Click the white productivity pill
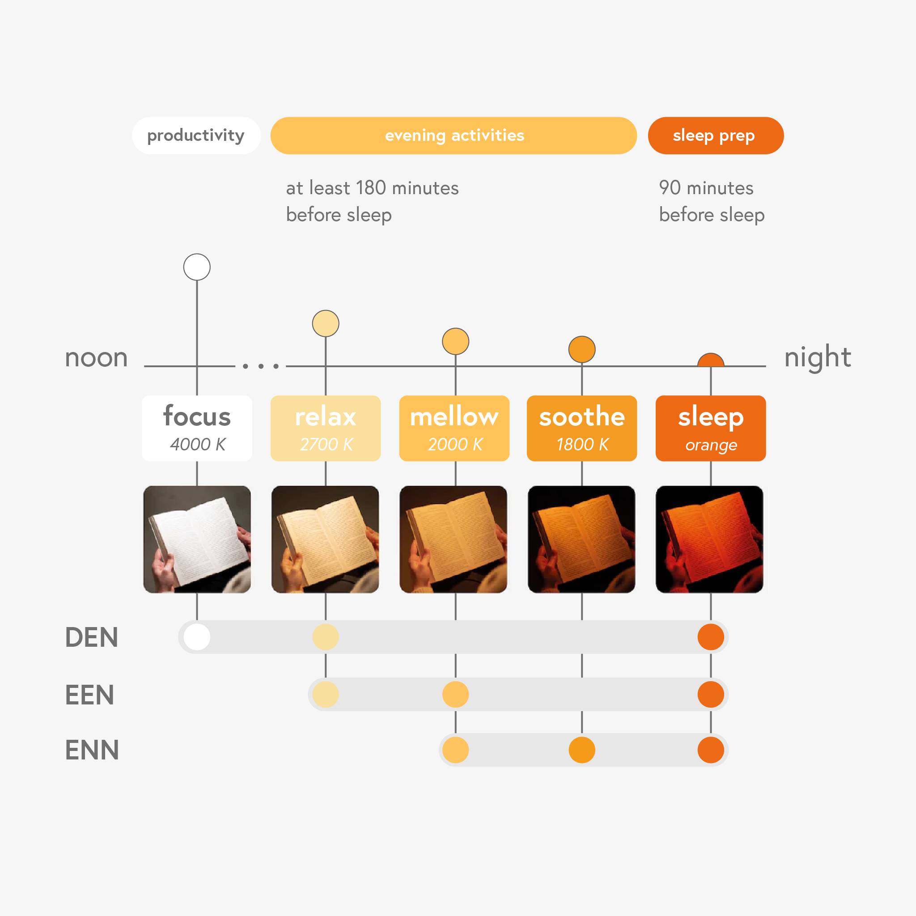coord(196,136)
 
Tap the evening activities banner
coord(454,136)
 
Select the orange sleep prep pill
coord(716,136)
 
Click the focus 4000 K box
coord(197,428)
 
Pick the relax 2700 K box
coord(326,428)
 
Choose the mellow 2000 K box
coord(454,428)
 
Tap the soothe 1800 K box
coord(582,428)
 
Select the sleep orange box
coord(711,428)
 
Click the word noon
coord(96,358)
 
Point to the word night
coord(818,358)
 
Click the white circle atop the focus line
coord(197,267)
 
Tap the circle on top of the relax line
coord(326,323)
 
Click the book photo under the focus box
coord(197,539)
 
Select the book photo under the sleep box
coord(710,539)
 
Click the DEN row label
coord(92,637)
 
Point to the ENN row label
coord(92,750)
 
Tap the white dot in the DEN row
coord(197,637)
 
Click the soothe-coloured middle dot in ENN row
coord(582,750)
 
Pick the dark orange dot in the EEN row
coord(711,694)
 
